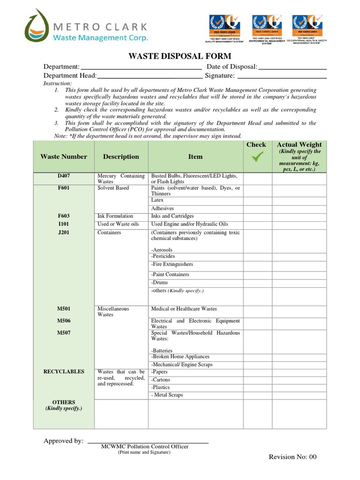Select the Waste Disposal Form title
coord(180,56)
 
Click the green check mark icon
coord(256,158)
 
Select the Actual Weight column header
coord(299,145)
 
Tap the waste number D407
coord(63,176)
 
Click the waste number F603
coord(63,216)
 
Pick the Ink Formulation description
coord(115,216)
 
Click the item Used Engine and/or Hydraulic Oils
coord(189,225)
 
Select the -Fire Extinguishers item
coord(172,264)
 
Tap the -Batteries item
coord(162,350)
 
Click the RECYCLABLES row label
coord(64,372)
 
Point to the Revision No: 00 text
coord(292,457)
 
